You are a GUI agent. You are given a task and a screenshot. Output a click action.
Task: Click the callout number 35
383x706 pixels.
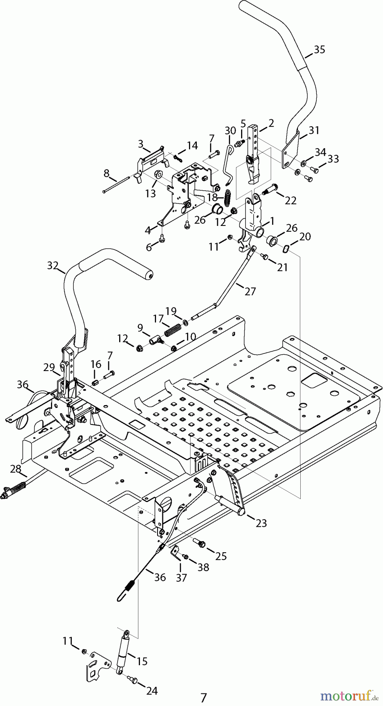(319, 50)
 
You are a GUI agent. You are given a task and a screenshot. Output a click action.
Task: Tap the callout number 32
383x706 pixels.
(53, 266)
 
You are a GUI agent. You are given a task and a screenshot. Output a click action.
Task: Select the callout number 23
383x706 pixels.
(261, 523)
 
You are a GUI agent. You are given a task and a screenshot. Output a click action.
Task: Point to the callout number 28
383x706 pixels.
(16, 469)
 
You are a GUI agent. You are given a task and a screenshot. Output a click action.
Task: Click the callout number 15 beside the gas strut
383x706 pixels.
(142, 661)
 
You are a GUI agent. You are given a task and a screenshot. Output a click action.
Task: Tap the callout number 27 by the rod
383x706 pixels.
(250, 291)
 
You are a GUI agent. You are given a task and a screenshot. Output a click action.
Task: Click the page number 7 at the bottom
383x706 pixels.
(203, 698)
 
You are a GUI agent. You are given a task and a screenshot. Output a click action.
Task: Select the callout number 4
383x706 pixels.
(148, 230)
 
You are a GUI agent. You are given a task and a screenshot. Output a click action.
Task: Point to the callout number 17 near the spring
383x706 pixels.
(158, 319)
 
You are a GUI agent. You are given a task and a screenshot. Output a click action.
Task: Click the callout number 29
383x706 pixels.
(49, 368)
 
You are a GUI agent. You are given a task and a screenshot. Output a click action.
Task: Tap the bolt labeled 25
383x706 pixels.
(200, 542)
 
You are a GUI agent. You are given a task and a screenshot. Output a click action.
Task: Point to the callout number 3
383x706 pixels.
(140, 144)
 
